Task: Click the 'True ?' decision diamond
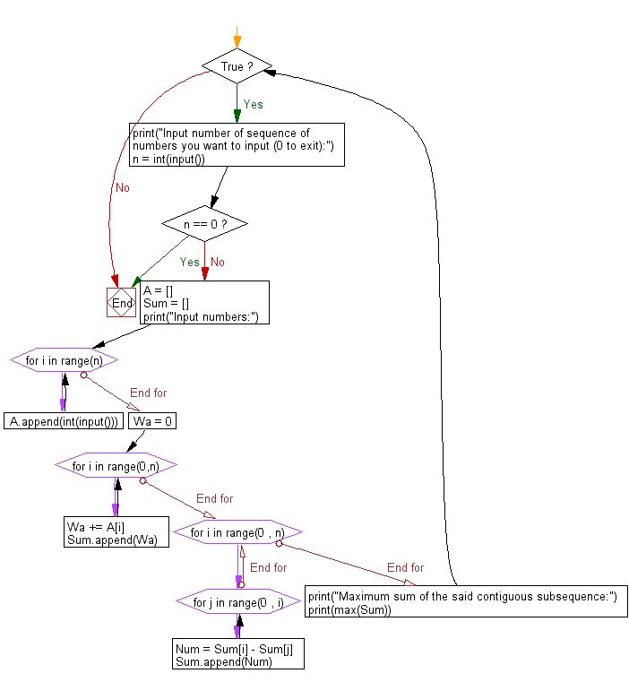point(237,66)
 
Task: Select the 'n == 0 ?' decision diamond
point(204,223)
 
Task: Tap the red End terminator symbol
point(122,303)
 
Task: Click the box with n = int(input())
point(237,146)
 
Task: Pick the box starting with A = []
point(203,303)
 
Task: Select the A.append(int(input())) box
point(64,421)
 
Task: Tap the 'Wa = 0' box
point(152,421)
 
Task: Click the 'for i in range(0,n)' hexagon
point(116,466)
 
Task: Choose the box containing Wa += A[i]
point(116,532)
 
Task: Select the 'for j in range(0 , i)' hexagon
point(238,602)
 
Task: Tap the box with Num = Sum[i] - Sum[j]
point(237,653)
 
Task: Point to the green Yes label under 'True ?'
point(254,104)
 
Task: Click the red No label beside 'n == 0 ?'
point(218,262)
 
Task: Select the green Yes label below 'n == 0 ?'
point(189,262)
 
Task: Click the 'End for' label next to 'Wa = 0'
point(148,393)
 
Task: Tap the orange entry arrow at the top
point(237,37)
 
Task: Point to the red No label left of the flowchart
point(122,187)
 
